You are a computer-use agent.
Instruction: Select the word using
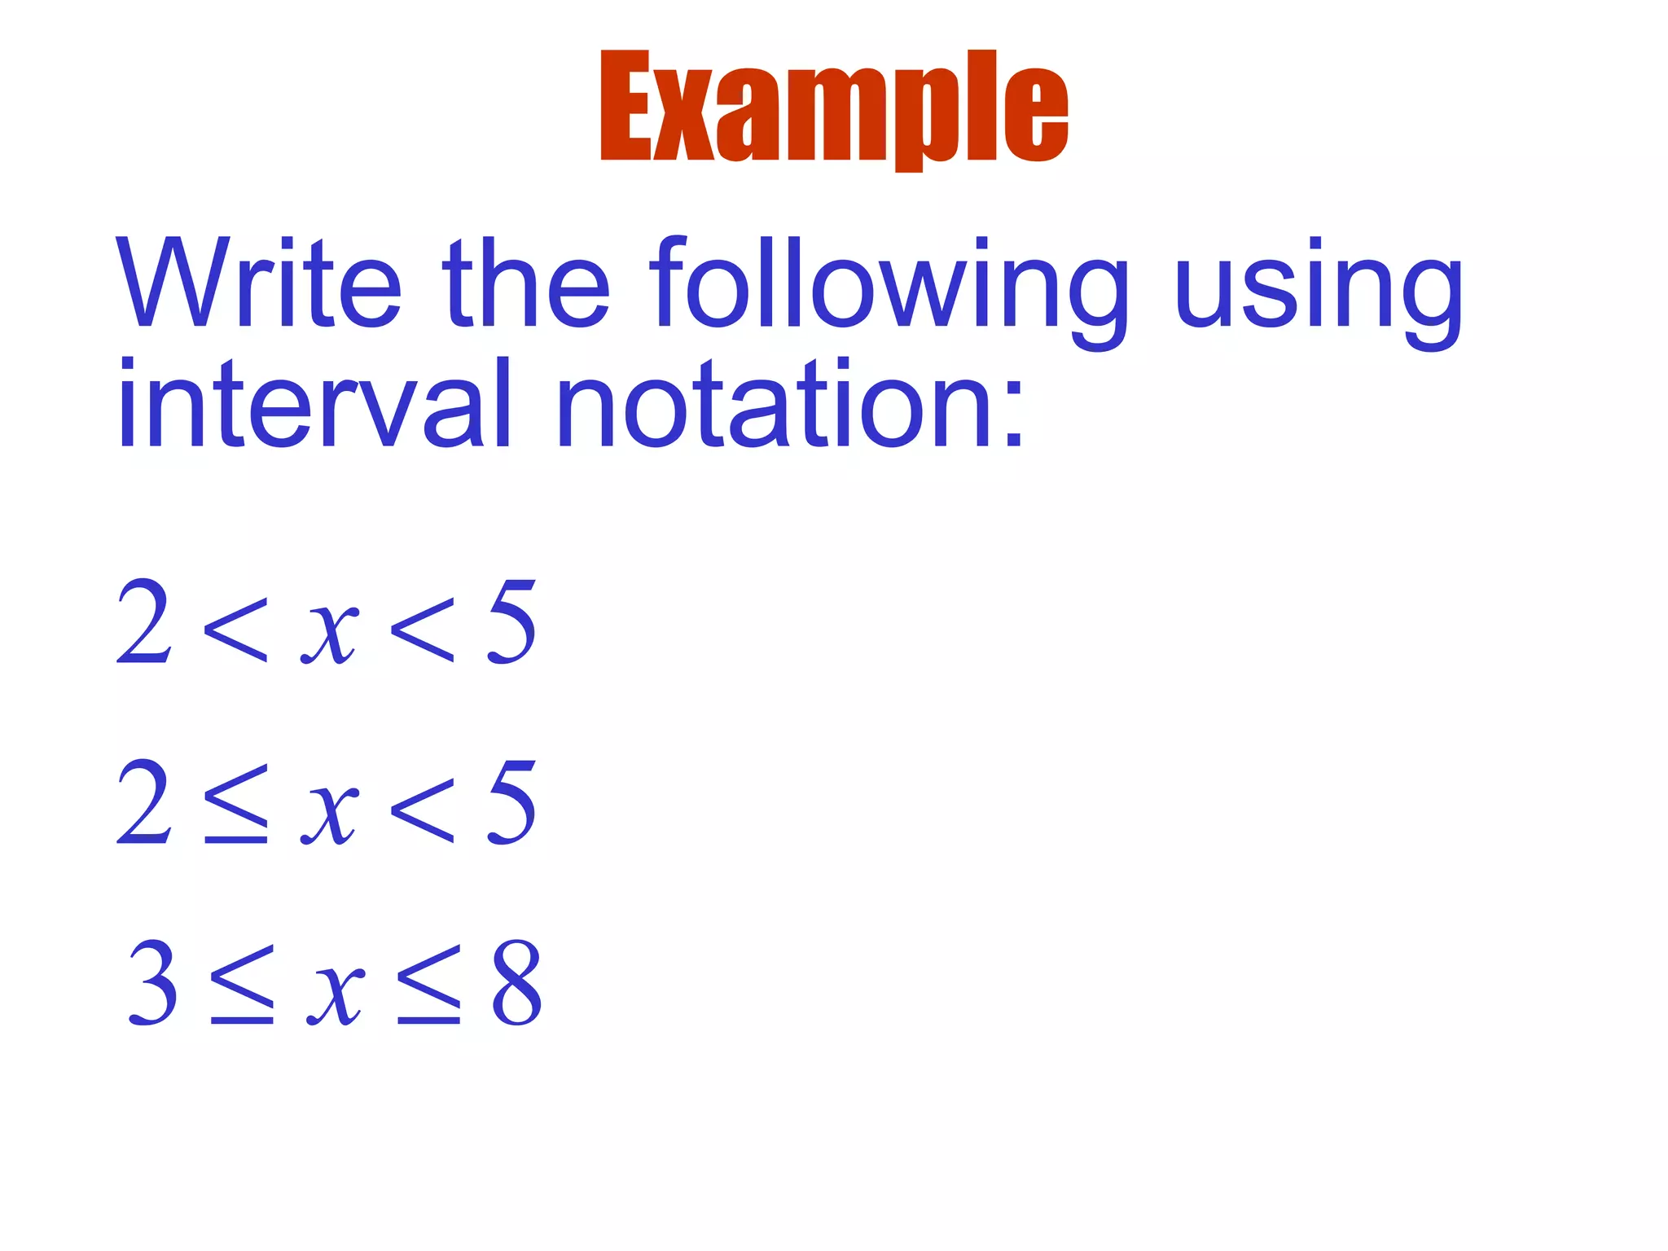1319,289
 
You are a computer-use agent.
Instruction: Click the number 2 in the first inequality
145,621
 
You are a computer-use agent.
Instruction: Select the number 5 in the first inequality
511,621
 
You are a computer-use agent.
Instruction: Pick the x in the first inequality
329,631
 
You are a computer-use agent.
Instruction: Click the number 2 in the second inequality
145,801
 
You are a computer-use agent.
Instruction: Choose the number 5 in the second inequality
511,801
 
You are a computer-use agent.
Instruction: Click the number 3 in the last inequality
153,982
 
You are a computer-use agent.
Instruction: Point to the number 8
516,982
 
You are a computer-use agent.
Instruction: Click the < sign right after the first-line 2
236,629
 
